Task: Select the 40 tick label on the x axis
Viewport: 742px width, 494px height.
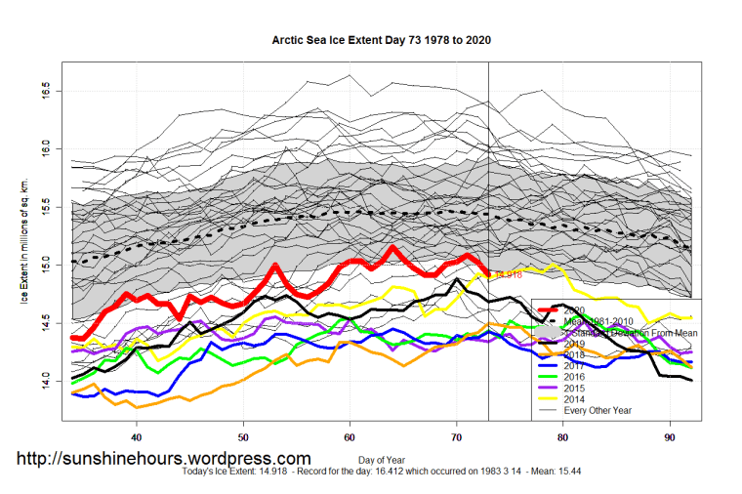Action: coord(137,437)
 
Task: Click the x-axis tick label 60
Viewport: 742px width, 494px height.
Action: coord(350,437)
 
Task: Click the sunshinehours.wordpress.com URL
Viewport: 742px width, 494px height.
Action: coord(164,458)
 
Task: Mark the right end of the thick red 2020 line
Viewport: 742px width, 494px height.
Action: coord(487,274)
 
